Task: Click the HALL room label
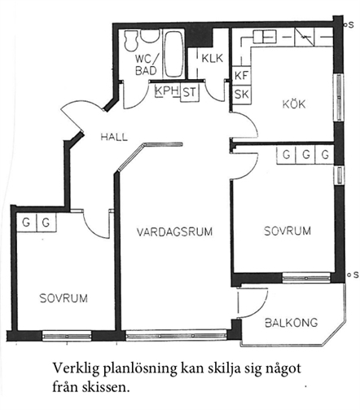point(114,137)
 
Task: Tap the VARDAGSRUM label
point(174,231)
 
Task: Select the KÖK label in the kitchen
point(294,104)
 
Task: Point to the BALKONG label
point(292,323)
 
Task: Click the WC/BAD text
point(146,64)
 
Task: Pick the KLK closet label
point(213,58)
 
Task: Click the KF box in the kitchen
point(242,75)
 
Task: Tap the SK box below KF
point(242,94)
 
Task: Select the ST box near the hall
point(190,92)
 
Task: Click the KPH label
point(167,90)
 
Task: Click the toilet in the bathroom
point(131,40)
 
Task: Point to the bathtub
point(173,55)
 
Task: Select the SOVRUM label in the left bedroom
point(64,298)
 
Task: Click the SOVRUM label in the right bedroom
point(288,231)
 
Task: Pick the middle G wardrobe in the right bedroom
point(305,155)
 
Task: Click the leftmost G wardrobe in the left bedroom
point(26,223)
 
